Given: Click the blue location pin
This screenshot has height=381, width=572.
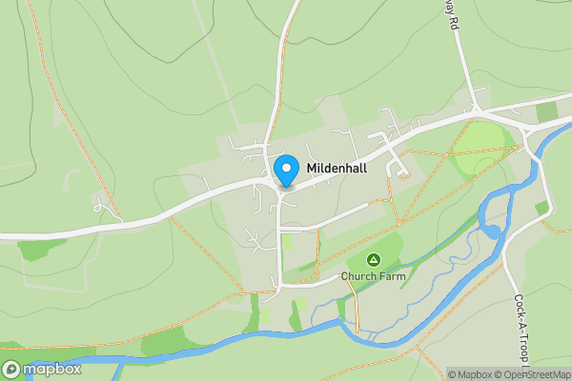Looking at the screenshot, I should (286, 170).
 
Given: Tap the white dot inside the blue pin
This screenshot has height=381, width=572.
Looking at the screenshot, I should (286, 168).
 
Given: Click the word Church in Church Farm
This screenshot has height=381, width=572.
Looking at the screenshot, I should (360, 277).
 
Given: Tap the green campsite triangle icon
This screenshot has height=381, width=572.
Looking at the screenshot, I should (373, 259).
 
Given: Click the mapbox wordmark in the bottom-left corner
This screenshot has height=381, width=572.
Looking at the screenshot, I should (52, 370).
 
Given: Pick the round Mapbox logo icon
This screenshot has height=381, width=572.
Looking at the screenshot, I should (11, 370).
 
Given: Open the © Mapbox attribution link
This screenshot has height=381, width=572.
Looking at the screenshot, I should (471, 374).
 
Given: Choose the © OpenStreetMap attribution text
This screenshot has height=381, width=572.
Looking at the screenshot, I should (533, 374).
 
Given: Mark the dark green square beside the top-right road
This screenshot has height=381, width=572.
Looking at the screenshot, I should (545, 112).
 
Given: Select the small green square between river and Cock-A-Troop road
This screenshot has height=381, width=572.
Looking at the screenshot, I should (541, 208).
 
